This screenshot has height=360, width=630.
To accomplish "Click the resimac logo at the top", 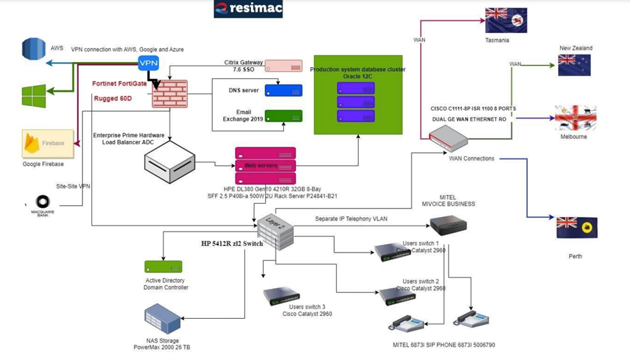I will point(248,9).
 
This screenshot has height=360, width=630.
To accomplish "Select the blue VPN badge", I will point(149,63).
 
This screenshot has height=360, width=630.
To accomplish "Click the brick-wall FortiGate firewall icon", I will point(170,93).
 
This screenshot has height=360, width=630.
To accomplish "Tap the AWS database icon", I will point(33,50).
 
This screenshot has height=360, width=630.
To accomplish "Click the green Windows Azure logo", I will point(33,96).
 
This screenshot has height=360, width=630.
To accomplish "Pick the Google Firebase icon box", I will point(47,144).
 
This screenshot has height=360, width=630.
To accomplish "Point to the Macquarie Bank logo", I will point(43,203).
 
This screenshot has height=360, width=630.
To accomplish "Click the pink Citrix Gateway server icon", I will point(283,66).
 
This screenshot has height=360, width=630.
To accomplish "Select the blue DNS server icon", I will point(283,91).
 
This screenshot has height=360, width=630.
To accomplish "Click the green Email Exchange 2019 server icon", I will point(283,115).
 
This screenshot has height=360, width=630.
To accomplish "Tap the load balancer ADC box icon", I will point(169,162).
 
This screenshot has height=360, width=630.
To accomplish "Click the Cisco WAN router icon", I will point(448,140).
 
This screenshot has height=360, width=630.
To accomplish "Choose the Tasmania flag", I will point(506,21).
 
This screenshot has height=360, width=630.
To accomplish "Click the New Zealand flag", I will point(574,65).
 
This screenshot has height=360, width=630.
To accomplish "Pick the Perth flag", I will point(576,227).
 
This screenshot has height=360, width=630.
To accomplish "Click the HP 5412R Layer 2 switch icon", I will point(275,232).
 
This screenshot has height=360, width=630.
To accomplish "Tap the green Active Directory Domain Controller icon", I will point(163,267).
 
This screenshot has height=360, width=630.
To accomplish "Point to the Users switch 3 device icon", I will point(282,297).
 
